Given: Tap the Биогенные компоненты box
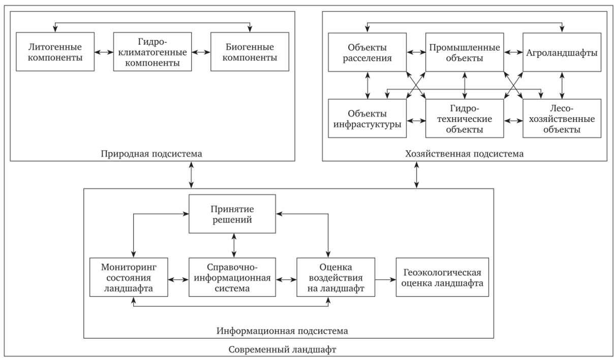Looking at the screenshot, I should [250, 52].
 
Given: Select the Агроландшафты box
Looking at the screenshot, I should [562, 52].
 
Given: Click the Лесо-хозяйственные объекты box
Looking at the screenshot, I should [562, 118].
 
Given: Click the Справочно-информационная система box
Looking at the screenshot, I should [233, 278].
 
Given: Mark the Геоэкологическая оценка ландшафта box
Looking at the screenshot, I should [442, 278].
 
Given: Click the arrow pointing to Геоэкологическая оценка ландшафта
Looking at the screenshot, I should [384, 279].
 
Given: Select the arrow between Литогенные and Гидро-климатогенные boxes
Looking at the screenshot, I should [105, 52].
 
